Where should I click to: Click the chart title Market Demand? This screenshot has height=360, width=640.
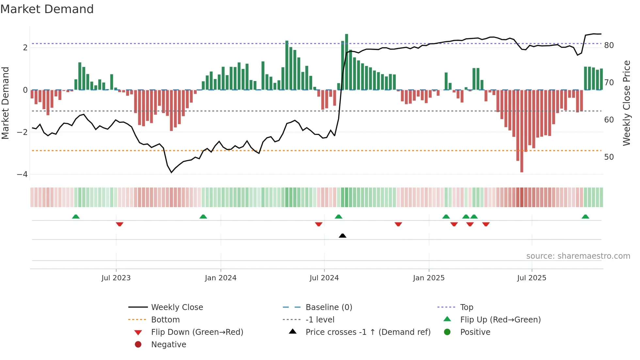point(47,9)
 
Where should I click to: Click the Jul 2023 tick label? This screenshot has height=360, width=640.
point(116,278)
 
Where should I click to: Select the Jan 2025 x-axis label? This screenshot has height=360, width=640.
point(428,278)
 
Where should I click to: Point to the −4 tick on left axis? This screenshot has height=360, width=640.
point(23,174)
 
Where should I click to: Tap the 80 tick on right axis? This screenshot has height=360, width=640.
point(609,45)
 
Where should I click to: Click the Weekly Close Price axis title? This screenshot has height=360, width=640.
point(626,103)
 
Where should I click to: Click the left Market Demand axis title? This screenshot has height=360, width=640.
point(6,103)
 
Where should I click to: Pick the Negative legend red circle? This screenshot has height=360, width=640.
point(138,345)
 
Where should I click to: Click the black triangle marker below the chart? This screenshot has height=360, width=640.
point(343,236)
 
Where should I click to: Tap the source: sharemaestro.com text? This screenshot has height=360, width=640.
point(578,256)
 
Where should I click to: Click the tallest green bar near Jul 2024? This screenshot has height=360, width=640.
point(346,62)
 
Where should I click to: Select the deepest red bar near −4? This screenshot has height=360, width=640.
point(521,131)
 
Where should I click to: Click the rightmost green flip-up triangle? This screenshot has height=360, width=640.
point(585,217)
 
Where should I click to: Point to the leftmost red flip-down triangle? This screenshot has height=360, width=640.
point(120,224)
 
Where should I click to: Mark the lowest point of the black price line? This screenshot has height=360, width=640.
point(171,172)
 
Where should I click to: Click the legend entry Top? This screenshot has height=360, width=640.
point(466,307)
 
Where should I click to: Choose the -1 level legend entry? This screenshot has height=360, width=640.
point(320,320)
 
